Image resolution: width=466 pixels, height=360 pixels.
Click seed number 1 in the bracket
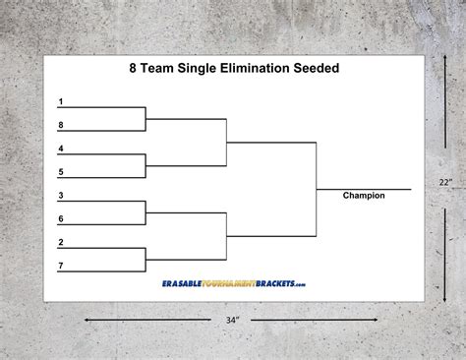[x=61, y=102]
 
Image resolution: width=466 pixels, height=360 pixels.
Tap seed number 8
[x=61, y=125]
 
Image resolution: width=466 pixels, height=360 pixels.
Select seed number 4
[x=61, y=149]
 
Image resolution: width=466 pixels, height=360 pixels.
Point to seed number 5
[x=61, y=171]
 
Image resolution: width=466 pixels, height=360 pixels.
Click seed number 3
[x=61, y=196]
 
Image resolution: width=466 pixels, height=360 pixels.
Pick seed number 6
[x=61, y=218]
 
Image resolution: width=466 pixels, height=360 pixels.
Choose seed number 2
[x=61, y=242]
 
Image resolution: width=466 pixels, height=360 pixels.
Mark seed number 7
[x=61, y=265]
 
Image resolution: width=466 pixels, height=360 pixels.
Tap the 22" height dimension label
[x=445, y=182]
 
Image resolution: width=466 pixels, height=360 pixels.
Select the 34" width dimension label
[x=233, y=321]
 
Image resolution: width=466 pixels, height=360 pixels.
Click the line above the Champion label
[x=364, y=188]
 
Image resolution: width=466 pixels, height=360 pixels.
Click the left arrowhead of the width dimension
[x=86, y=320]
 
